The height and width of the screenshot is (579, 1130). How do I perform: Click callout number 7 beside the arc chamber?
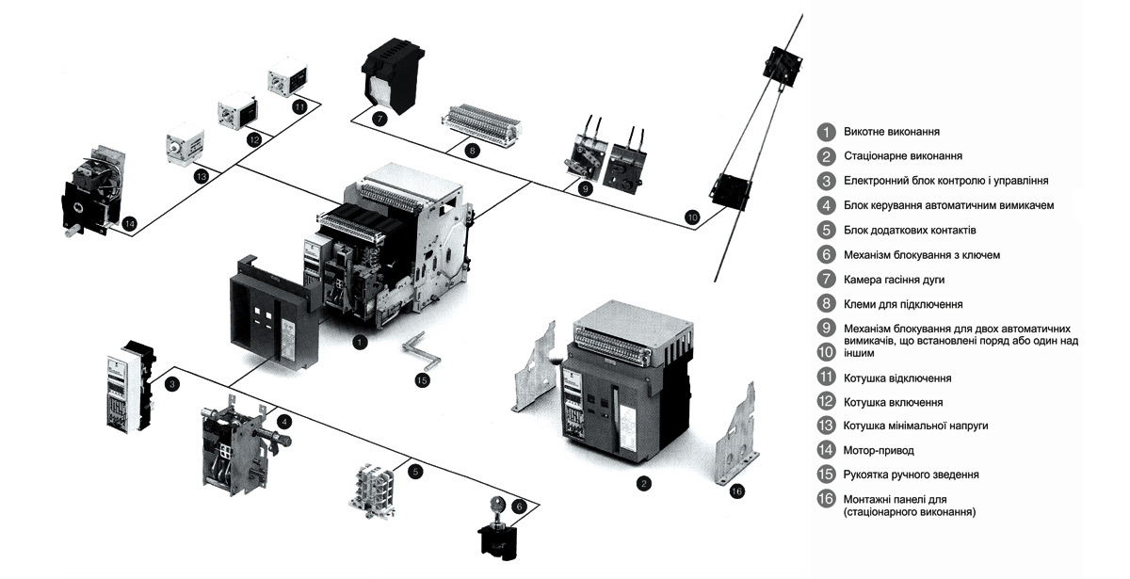pyautogui.click(x=379, y=119)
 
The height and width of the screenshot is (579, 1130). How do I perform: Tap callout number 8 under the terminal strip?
pyautogui.click(x=472, y=150)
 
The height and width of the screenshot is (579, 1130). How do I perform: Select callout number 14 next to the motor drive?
pyautogui.click(x=130, y=223)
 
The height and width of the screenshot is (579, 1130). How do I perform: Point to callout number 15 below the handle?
pyautogui.click(x=422, y=379)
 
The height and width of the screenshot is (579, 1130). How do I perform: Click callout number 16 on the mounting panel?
pyautogui.click(x=736, y=490)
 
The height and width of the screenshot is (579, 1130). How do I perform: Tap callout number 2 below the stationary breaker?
pyautogui.click(x=643, y=484)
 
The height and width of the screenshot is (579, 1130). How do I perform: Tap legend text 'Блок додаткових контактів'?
pyautogui.click(x=909, y=230)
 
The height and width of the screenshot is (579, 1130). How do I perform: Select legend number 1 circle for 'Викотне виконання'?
pyautogui.click(x=826, y=132)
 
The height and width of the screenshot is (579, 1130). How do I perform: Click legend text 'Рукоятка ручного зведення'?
pyautogui.click(x=911, y=474)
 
